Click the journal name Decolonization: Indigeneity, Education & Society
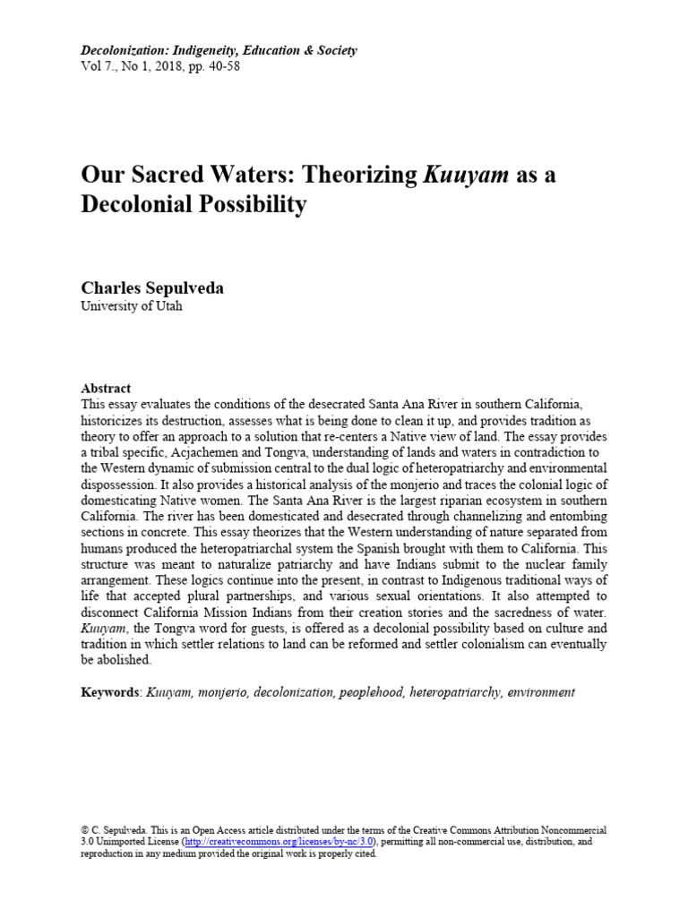point(219,50)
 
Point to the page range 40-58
point(222,65)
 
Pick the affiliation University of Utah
point(132,305)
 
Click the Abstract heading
point(106,389)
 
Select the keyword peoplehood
point(370,692)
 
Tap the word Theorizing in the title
point(348,174)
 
